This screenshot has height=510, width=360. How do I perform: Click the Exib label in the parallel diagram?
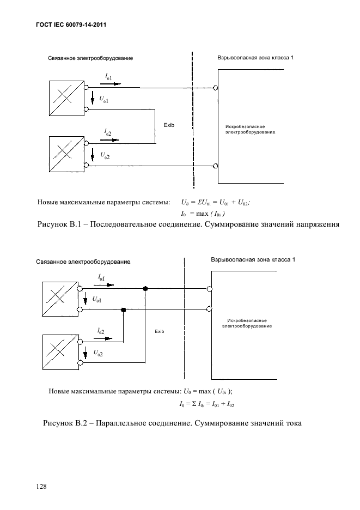[x=159, y=331]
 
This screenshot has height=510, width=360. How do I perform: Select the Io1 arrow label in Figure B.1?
[x=109, y=80]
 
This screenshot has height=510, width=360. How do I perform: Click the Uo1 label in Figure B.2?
[x=97, y=300]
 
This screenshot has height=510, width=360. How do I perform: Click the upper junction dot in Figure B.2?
[x=145, y=288]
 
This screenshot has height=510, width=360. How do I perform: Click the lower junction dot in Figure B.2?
[x=124, y=309]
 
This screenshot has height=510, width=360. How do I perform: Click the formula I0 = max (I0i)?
[x=203, y=213]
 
